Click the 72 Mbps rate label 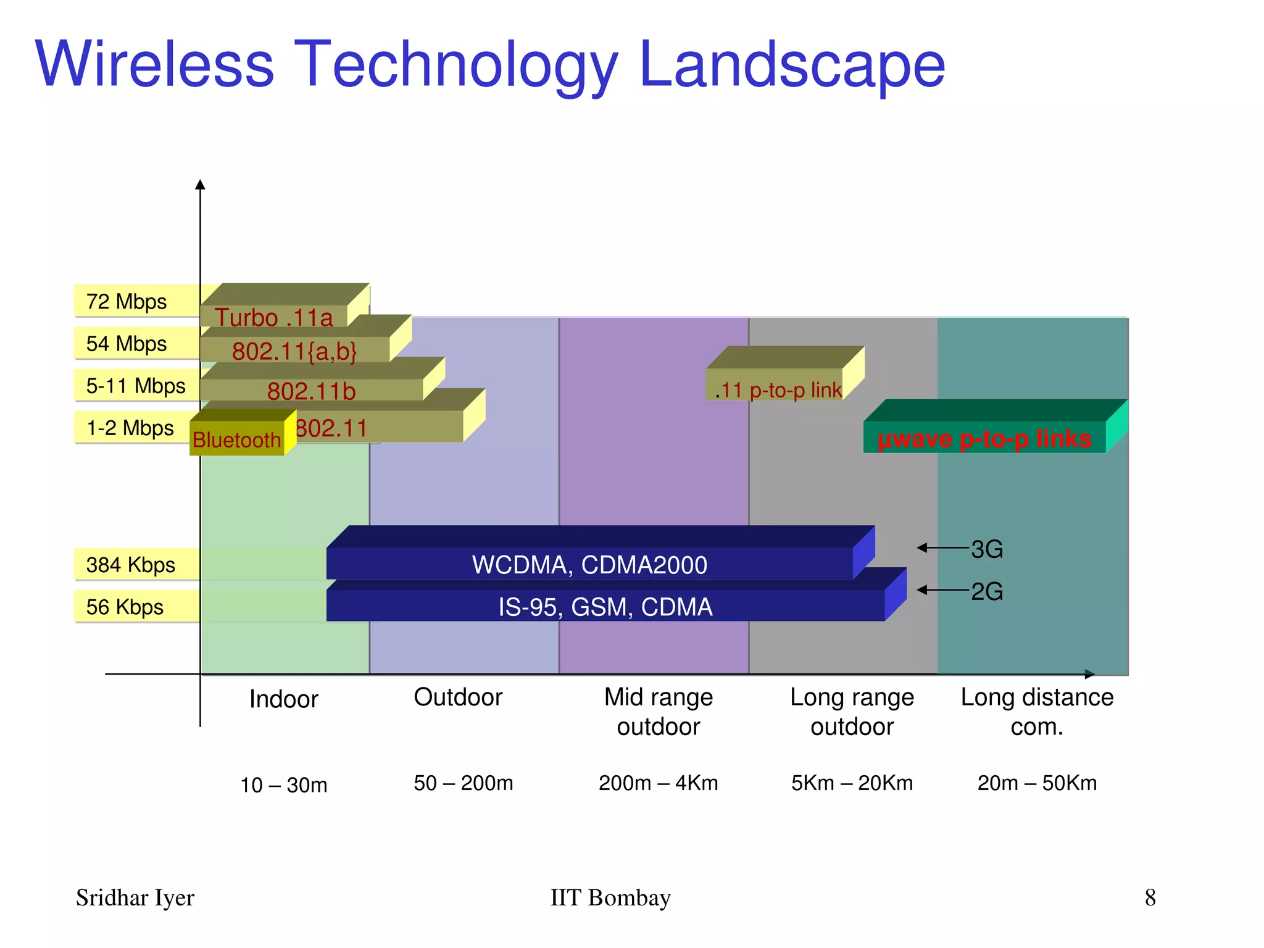click(x=127, y=301)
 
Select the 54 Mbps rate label click(x=127, y=343)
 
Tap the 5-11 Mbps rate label click(x=136, y=386)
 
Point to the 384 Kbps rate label click(x=130, y=565)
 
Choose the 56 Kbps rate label click(x=125, y=607)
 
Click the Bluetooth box click(x=237, y=439)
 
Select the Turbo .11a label click(x=273, y=317)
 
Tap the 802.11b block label click(x=311, y=391)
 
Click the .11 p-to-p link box click(x=778, y=389)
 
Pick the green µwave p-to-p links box click(x=984, y=438)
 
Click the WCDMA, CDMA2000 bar click(x=589, y=564)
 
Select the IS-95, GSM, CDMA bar click(x=605, y=606)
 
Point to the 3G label click(x=987, y=549)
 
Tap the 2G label click(x=987, y=591)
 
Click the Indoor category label click(x=283, y=699)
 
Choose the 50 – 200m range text click(x=464, y=783)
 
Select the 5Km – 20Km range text click(x=852, y=783)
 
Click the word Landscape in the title click(x=792, y=64)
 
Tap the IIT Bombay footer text click(x=610, y=897)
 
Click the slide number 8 click(x=1150, y=897)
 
